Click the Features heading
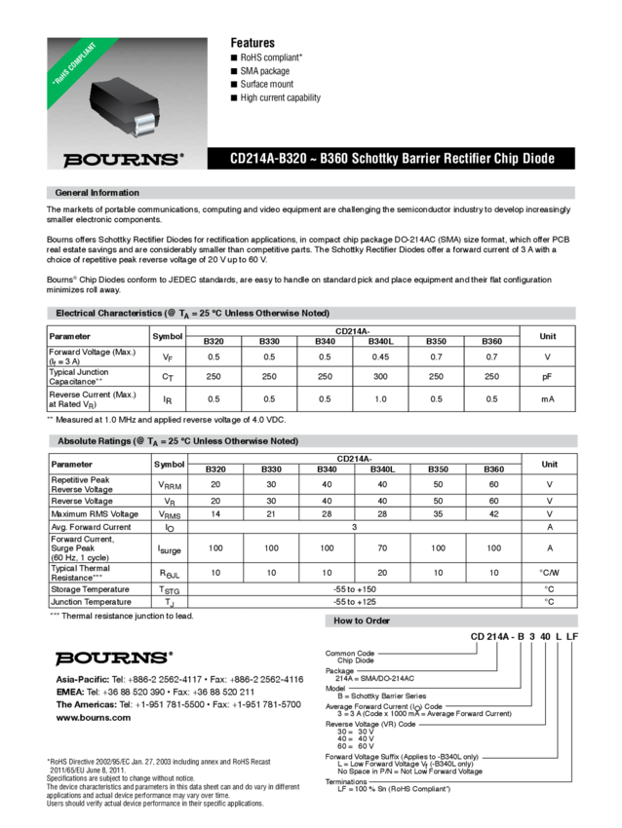[x=253, y=43]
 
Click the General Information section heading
[x=97, y=193]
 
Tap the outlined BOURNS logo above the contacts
[x=114, y=655]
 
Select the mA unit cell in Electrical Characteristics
[x=549, y=398]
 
